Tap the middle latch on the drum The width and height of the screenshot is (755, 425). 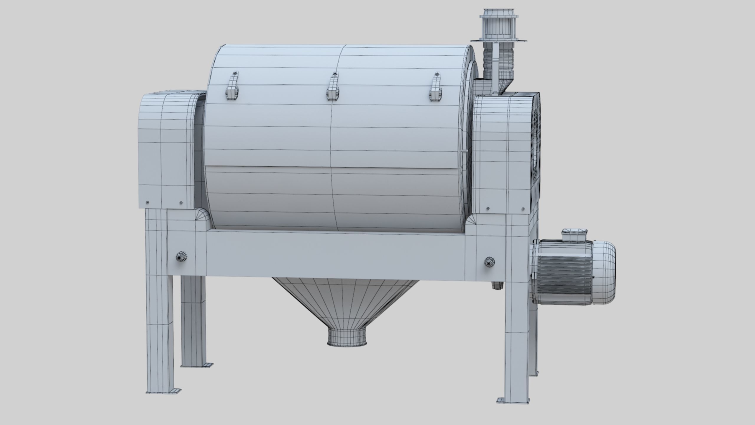(x=332, y=89)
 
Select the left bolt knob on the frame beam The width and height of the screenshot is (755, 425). (x=180, y=257)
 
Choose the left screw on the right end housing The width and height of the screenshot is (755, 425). (x=488, y=209)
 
